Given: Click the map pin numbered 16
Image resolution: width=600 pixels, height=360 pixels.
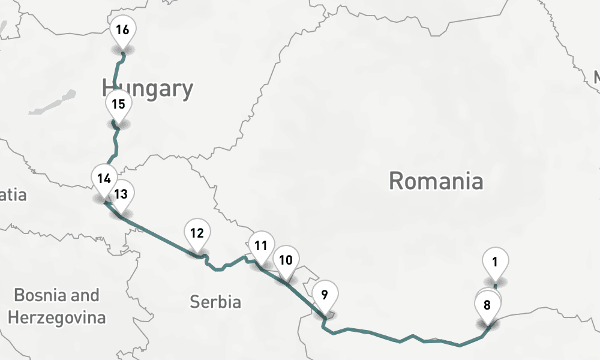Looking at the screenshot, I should coord(122,29).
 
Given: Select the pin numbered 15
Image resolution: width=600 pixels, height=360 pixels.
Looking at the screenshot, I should coord(118,104).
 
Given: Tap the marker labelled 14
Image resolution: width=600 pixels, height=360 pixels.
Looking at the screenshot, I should coord(104,178).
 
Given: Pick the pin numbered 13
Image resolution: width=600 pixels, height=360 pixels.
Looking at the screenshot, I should coord(121,194).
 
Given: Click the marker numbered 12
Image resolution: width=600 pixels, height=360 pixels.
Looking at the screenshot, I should coord(197,233).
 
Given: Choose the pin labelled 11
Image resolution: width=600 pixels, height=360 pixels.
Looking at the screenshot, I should coord(260,245).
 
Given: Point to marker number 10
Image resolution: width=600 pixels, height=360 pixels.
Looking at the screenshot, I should coord(286,260).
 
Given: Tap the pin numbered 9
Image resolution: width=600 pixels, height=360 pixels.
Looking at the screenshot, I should coord(325,295).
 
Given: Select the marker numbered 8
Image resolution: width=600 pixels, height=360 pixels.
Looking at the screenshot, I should coord(487,305).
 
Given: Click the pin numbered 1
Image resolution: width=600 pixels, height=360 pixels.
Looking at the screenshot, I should coord(496,262).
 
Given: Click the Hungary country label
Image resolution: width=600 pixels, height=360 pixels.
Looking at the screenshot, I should coord(148,89).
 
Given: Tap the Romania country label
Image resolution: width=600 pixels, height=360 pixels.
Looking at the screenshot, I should coord(436,180).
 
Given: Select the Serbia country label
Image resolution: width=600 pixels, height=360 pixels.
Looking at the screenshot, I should coord(215,301).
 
